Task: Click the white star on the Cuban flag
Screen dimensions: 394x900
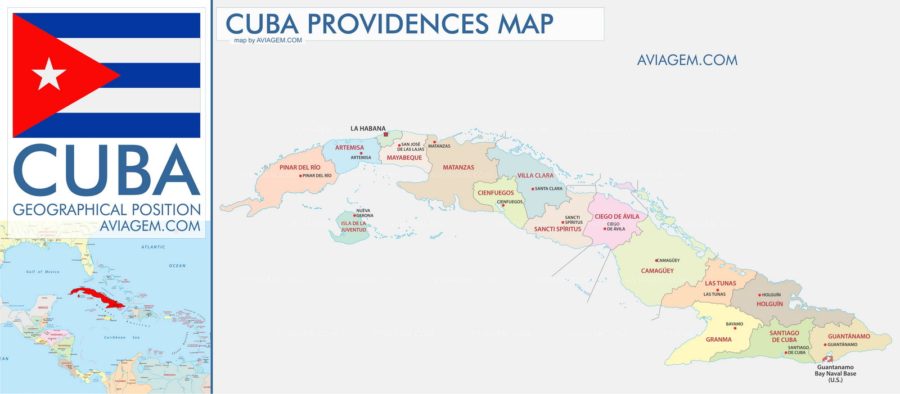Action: [49, 74]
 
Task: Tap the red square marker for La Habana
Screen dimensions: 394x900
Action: [385, 134]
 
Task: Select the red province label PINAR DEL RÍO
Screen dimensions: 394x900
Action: [300, 167]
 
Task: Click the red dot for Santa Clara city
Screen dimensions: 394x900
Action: [533, 189]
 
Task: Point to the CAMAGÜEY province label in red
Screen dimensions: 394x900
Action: [657, 271]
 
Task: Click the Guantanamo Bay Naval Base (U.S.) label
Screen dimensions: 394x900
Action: [835, 374]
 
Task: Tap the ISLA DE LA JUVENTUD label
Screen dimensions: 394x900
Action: [353, 227]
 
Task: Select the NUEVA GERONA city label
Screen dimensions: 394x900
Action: [364, 213]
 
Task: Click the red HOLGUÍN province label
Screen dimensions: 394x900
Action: [769, 304]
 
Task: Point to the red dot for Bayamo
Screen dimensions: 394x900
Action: [735, 328]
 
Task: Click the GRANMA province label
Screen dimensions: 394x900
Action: [718, 339]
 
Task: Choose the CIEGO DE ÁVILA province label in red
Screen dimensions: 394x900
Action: [616, 216]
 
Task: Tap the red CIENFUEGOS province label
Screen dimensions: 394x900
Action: [496, 193]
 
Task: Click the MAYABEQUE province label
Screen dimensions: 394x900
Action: [404, 158]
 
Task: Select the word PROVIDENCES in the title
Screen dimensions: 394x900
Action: [398, 24]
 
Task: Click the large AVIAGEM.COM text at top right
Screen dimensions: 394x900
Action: [687, 60]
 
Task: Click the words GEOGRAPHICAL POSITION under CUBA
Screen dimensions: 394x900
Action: [107, 210]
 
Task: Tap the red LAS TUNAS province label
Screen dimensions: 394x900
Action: [720, 283]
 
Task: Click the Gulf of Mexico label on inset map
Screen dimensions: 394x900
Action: [43, 272]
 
